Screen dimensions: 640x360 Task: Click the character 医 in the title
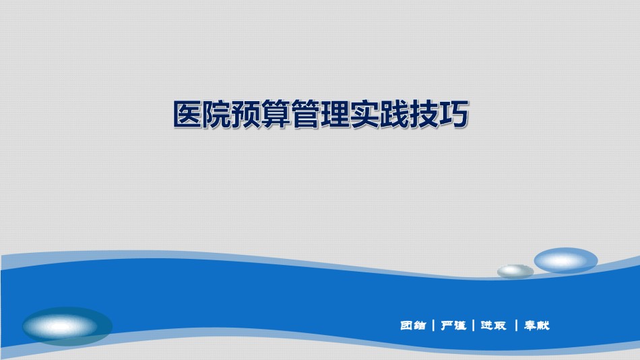(188, 115)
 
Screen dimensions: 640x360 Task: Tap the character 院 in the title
(218, 115)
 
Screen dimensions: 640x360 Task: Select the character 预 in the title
(247, 115)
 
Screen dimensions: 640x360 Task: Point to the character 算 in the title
(277, 115)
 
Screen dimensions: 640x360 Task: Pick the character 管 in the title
(306, 115)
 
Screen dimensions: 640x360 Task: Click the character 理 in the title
(335, 115)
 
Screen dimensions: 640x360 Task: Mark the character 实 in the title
(365, 115)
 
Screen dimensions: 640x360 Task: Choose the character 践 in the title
(395, 115)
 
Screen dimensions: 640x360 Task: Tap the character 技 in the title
(424, 115)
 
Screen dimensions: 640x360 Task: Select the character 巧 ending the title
(453, 115)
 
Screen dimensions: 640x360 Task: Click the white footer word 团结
(413, 325)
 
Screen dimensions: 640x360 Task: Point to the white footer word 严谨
(453, 325)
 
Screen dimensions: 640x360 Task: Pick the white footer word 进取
(493, 325)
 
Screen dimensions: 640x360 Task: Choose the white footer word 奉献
(537, 325)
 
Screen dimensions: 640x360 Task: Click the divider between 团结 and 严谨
(433, 325)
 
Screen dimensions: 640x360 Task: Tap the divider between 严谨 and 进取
(473, 325)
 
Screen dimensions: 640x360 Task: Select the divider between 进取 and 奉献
(516, 325)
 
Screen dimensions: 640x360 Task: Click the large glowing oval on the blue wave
(67, 326)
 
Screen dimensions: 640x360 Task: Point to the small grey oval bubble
(515, 271)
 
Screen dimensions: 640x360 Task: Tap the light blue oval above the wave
(566, 260)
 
